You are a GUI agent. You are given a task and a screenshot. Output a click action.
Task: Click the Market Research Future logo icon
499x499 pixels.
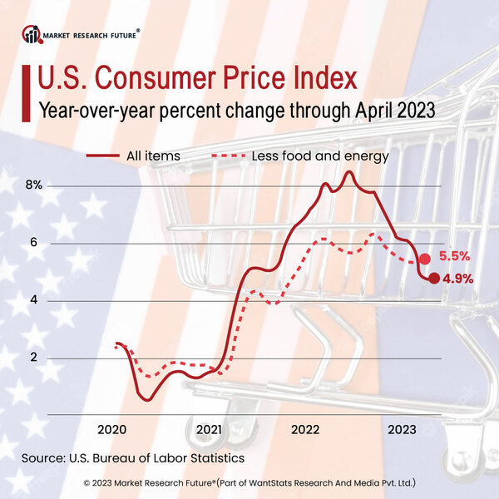32,35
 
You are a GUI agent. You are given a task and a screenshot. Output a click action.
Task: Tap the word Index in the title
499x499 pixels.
321,78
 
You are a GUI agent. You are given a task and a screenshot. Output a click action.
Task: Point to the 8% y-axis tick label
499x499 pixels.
33,185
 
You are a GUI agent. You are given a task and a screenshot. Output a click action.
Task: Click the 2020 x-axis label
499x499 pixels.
111,429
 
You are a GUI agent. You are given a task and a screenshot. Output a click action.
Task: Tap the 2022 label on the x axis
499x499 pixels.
305,429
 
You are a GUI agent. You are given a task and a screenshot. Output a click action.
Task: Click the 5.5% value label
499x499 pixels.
454,258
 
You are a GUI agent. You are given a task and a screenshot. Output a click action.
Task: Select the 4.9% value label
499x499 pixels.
458,279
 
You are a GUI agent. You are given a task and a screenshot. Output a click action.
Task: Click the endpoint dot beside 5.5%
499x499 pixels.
425,259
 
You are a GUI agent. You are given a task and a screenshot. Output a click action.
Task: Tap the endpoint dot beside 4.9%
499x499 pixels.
433,278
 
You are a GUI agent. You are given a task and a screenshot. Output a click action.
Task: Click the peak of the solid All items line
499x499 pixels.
348,172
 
